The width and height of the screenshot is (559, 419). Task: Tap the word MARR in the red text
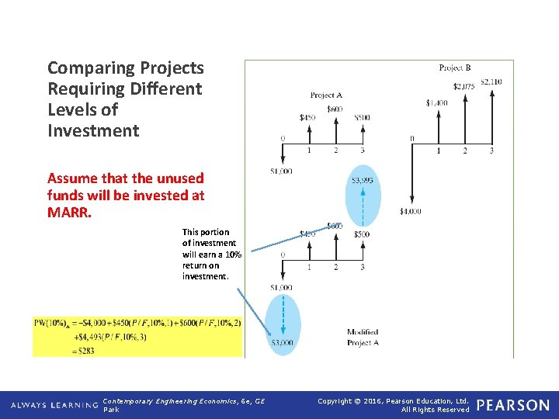68,212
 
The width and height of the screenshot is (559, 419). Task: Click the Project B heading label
455,68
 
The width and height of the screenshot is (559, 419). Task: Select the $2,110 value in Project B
491,81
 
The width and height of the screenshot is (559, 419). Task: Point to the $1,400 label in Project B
436,102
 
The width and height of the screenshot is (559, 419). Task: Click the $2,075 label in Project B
464,86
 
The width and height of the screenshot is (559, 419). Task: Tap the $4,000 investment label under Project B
411,211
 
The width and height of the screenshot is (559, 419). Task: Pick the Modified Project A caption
362,337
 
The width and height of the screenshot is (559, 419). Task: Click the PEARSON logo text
512,405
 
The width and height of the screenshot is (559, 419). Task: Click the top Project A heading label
326,95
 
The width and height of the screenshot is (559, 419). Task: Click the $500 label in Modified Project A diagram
362,234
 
